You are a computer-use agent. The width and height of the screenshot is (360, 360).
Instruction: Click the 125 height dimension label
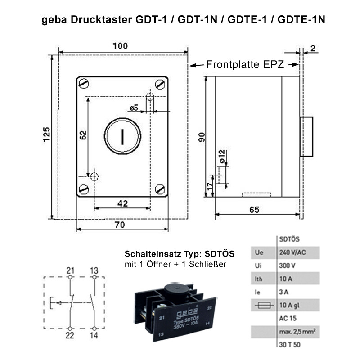[x=47, y=134]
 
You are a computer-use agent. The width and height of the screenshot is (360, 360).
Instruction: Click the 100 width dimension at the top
[x=120, y=46]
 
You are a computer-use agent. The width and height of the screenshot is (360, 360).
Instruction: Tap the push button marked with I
[x=122, y=136]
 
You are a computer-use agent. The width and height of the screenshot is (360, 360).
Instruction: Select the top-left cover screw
[x=84, y=84]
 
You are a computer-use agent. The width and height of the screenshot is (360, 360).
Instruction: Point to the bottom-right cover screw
[x=160, y=189]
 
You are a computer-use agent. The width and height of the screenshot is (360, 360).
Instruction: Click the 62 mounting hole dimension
[x=83, y=135]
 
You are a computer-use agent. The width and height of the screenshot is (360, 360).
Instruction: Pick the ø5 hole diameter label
[x=134, y=108]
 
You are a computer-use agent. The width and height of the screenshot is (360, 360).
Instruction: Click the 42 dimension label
[x=122, y=203]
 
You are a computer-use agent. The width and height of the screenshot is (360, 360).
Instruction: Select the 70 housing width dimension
[x=120, y=225]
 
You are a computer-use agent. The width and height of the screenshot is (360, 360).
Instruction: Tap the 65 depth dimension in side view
[x=254, y=210]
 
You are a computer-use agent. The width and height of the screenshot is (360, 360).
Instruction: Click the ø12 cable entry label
[x=222, y=157]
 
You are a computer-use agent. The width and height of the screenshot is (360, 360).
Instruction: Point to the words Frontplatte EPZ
[x=245, y=64]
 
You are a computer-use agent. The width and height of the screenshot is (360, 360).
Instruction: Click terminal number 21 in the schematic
[x=70, y=270]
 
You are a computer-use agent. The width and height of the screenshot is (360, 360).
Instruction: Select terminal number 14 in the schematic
[x=94, y=335]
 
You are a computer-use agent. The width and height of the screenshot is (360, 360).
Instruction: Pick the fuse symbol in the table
[x=264, y=305]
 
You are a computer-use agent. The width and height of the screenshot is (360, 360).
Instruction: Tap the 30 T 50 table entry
[x=290, y=345]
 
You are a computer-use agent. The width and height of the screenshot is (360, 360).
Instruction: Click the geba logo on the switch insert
[x=187, y=312]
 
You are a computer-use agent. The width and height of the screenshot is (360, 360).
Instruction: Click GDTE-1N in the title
[x=301, y=19]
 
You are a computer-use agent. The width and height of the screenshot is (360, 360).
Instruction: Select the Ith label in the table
[x=258, y=279]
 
